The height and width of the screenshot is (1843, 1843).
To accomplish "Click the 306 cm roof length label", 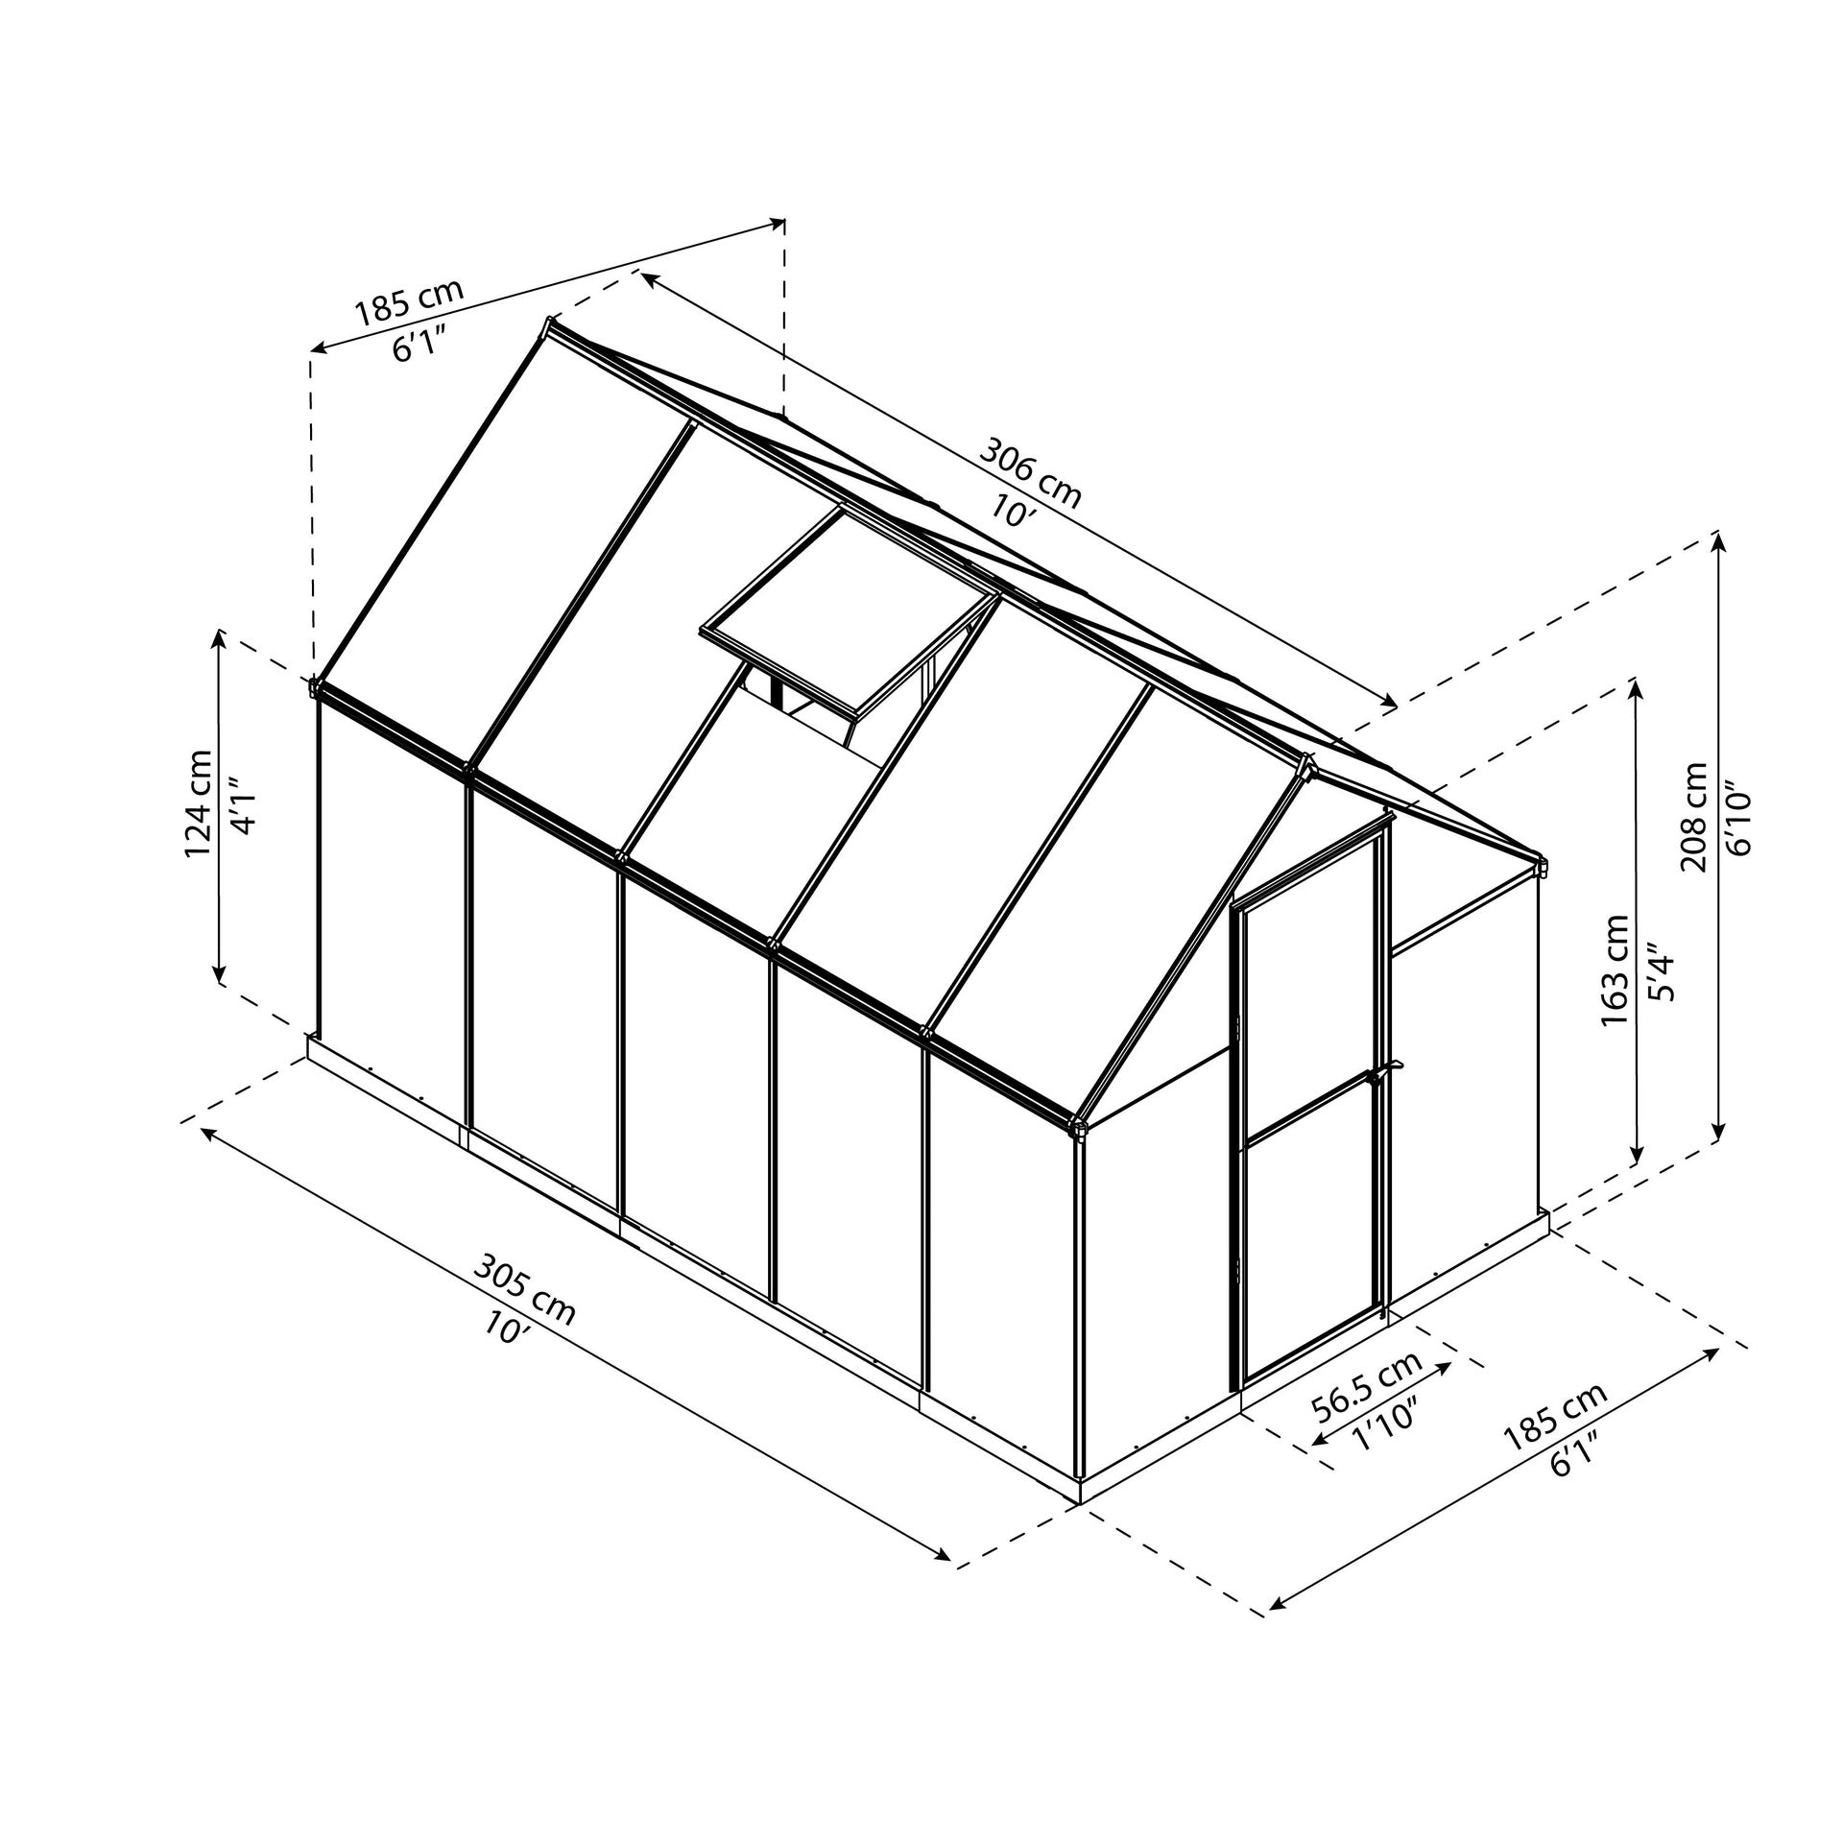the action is coord(1030,472).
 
